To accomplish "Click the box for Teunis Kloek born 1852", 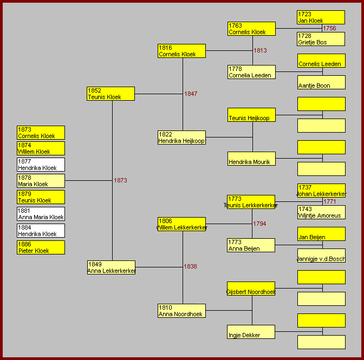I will pyautogui.click(x=110, y=94).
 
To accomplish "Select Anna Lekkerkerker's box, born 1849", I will pyautogui.click(x=111, y=267).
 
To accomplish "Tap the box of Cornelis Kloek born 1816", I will pyautogui.click(x=181, y=51).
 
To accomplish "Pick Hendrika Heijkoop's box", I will pyautogui.click(x=181, y=138).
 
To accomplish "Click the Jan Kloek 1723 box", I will pyautogui.click(x=321, y=17).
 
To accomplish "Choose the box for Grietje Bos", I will pyautogui.click(x=321, y=39).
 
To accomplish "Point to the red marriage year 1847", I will pyautogui.click(x=191, y=94).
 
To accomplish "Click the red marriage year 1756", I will pyautogui.click(x=329, y=28).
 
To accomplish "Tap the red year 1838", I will pyautogui.click(x=190, y=266).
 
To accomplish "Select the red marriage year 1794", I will pyautogui.click(x=259, y=224).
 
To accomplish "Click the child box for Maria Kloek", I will pyautogui.click(x=41, y=181).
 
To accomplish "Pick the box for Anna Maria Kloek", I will pyautogui.click(x=41, y=214).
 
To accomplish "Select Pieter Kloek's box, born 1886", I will pyautogui.click(x=41, y=247).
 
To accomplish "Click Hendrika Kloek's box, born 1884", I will pyautogui.click(x=41, y=231).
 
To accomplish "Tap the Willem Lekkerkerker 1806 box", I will pyautogui.click(x=181, y=224).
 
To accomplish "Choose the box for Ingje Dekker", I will pyautogui.click(x=251, y=332).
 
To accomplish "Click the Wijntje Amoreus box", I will pyautogui.click(x=321, y=212).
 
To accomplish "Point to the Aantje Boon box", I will pyautogui.click(x=321, y=82).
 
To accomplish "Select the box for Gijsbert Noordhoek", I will pyautogui.click(x=251, y=289).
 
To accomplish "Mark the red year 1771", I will pyautogui.click(x=330, y=201).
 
